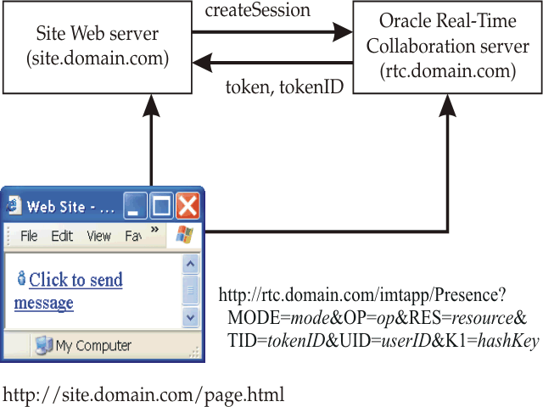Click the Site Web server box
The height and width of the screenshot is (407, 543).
click(x=97, y=47)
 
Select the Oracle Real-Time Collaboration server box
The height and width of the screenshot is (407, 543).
click(x=447, y=47)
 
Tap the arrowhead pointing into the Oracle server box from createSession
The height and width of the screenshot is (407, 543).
click(x=343, y=33)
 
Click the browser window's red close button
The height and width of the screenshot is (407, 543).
click(x=187, y=206)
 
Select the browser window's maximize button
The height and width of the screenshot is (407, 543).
click(x=161, y=206)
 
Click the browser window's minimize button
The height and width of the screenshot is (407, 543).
click(x=137, y=206)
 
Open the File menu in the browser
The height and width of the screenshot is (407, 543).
click(x=29, y=237)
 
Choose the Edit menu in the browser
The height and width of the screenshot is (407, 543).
click(x=62, y=237)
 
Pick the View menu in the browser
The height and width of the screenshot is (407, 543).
click(x=98, y=237)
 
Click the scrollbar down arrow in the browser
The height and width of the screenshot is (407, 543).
click(x=191, y=318)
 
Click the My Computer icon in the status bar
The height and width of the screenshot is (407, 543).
click(x=43, y=345)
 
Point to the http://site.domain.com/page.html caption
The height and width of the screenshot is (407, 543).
click(x=143, y=394)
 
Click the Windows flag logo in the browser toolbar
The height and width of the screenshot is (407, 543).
click(x=184, y=236)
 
